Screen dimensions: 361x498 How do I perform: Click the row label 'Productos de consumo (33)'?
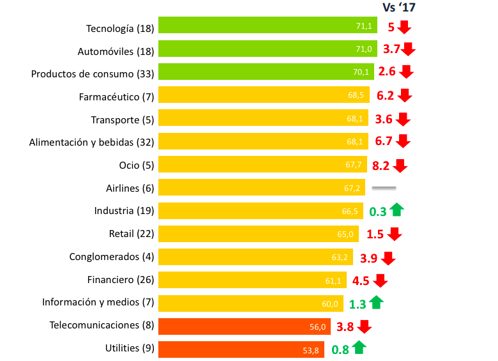tap(92, 73)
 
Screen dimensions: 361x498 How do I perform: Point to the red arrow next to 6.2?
tap(404, 96)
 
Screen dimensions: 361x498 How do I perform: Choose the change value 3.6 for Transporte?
tap(384, 119)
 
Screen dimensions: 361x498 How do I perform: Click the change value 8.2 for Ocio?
tap(381, 165)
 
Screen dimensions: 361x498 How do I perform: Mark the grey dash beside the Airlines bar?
tap(384, 188)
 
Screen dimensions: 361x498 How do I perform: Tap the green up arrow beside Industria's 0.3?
tap(396, 209)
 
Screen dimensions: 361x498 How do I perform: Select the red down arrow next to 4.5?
tap(381, 280)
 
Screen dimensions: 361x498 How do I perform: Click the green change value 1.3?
tap(356, 303)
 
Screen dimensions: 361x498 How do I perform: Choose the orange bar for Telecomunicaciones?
tap(244, 326)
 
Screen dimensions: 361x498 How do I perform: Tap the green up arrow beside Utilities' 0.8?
tap(359, 348)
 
